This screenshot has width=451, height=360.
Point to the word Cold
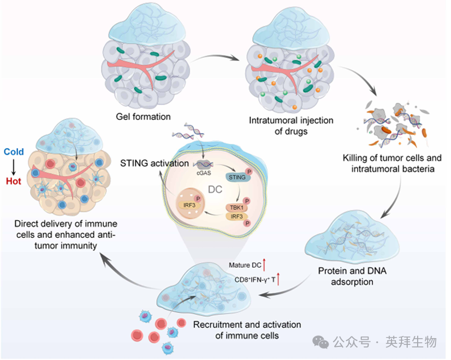14,152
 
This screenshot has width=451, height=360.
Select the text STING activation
153,163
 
